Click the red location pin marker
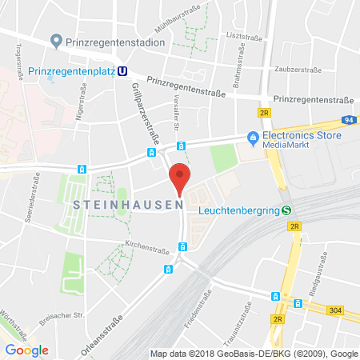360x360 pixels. click(x=181, y=178)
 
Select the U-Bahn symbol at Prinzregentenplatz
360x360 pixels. click(x=122, y=70)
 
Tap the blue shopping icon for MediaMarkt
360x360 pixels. click(x=252, y=138)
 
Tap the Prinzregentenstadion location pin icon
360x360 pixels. click(x=56, y=40)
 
